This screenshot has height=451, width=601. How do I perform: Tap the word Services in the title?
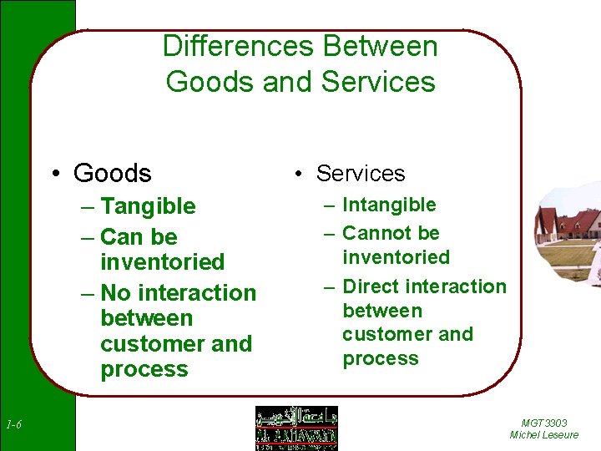(378, 82)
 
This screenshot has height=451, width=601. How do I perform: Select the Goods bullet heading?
(113, 173)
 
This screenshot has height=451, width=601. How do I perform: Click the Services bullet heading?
(361, 173)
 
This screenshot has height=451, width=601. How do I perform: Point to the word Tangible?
(148, 206)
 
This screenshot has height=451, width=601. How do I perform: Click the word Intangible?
(390, 205)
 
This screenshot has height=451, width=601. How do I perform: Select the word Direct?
(374, 286)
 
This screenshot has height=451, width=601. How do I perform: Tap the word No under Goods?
(116, 293)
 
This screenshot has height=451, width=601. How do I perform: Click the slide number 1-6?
(13, 426)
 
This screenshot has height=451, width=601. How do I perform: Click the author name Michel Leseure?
(543, 435)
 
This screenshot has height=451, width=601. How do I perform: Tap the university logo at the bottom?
(296, 428)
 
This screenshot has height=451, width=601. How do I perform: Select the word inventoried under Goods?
(163, 262)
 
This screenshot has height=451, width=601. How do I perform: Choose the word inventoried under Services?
(396, 257)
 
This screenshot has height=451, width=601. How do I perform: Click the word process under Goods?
(144, 369)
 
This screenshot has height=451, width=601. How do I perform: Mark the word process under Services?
(381, 358)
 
